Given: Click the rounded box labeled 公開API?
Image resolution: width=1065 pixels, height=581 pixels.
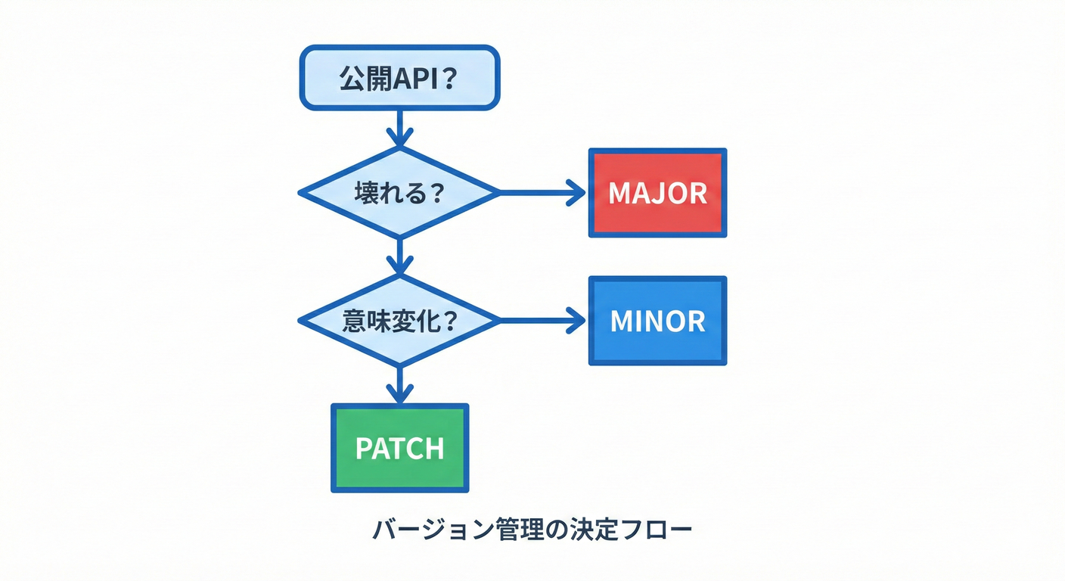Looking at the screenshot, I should [x=399, y=78].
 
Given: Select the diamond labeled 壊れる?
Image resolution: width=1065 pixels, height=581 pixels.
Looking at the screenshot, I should [x=399, y=193].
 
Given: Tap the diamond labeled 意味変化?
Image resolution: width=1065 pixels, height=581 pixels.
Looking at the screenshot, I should [x=399, y=321].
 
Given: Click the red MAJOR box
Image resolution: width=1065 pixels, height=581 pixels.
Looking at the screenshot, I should [x=657, y=193].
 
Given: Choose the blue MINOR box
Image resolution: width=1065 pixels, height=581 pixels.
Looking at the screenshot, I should [x=657, y=321].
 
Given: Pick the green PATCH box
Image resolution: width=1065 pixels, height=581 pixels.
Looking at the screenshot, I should [x=399, y=448].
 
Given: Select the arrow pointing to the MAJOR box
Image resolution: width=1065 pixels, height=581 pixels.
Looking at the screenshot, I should [x=541, y=193].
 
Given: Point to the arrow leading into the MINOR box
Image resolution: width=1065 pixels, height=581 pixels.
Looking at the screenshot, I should [x=541, y=321].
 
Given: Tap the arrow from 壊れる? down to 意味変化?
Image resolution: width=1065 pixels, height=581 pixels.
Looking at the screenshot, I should [x=399, y=256].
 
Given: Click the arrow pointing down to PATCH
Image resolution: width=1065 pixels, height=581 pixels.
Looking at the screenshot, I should [x=399, y=384].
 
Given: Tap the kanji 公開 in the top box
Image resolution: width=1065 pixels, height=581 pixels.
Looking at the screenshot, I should [x=363, y=79].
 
